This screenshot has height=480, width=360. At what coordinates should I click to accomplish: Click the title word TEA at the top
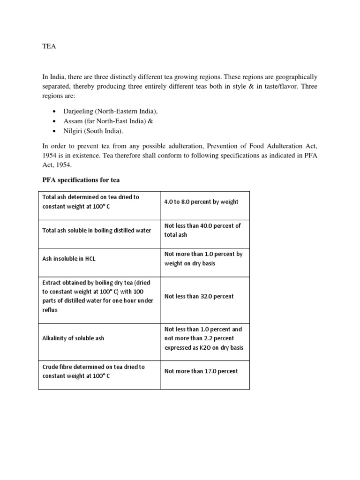click(45, 47)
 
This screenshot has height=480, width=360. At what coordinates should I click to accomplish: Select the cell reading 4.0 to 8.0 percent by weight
click(201, 202)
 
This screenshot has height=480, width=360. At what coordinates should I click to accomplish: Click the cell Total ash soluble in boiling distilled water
click(96, 230)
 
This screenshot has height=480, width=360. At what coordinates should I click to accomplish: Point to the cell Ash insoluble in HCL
click(69, 259)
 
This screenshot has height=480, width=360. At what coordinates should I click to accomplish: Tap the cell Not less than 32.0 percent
click(199, 296)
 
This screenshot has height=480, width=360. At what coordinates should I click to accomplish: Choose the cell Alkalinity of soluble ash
click(73, 338)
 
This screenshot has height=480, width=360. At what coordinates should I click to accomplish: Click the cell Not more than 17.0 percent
click(201, 371)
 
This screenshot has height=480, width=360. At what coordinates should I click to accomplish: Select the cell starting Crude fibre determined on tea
click(93, 371)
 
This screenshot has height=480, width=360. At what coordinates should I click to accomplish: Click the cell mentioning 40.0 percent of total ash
click(202, 230)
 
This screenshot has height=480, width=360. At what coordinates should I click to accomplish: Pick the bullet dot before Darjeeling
click(55, 112)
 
